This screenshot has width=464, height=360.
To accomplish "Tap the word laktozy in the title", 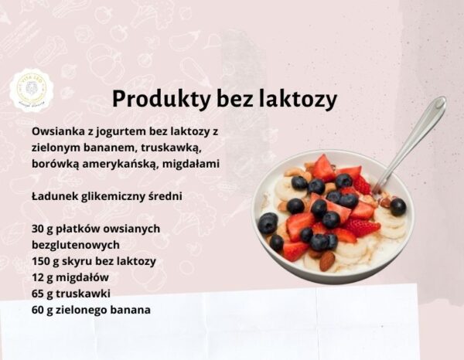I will coord(299,100).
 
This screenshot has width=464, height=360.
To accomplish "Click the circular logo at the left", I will coord(32,90).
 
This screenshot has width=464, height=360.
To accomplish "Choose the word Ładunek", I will coord(56,196).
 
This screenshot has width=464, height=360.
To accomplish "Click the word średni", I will coord(163,196).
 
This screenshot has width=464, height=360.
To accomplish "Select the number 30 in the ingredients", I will coord(39,229).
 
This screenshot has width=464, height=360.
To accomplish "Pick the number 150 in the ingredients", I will coord(42,261).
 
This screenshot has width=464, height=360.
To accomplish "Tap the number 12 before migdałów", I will coord(38,277).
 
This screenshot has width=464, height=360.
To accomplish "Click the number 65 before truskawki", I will coord(39,294).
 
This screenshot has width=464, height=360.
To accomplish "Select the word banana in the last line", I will coord(131,310).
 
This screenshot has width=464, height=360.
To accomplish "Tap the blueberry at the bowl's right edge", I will coord(398,206).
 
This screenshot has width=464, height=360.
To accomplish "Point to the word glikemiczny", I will coord(113,196).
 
